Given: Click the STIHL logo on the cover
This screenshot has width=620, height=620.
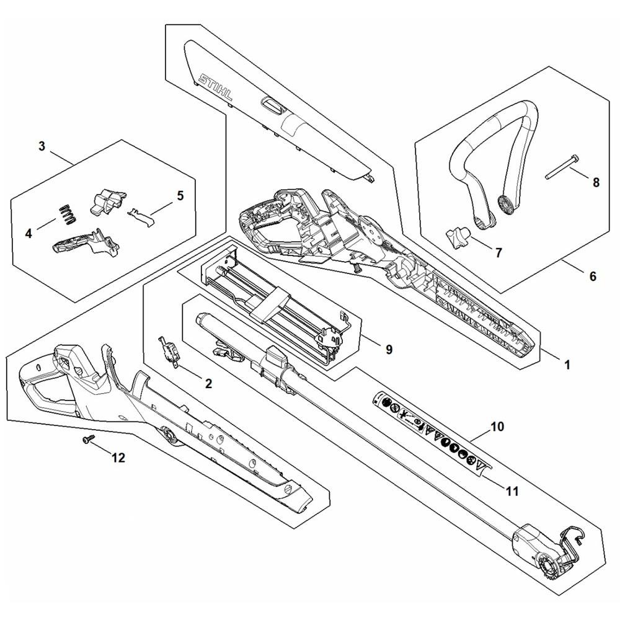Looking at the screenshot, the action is coord(215,87).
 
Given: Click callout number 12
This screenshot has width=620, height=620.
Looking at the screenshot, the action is coord(118,458).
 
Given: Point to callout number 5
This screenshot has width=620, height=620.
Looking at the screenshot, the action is coord(180,195).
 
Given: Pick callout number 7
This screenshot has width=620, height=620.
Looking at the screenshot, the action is coord(498,252).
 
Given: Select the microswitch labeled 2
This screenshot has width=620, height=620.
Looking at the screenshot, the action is coord(168,351).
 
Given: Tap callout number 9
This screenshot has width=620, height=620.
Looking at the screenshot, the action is coord(389,349).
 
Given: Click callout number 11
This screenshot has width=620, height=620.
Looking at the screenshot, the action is coord(512,491).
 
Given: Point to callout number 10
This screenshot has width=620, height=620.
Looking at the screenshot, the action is coord(497,427).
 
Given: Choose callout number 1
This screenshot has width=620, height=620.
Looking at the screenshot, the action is coord(567,365).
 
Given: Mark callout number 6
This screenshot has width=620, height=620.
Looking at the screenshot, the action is coord(592,276).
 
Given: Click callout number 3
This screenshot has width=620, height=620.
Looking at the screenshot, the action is coord(42,146).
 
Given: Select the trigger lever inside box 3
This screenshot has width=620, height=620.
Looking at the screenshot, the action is coord(86,241).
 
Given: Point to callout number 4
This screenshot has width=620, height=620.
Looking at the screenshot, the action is coord(29,233).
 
